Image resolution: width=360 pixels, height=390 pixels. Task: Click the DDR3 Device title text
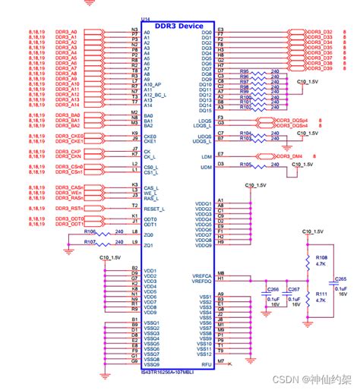[179, 25]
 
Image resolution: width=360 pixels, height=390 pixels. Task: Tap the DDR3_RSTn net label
[67, 206]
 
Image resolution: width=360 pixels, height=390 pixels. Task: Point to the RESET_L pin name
[154, 206]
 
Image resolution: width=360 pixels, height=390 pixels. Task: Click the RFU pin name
[207, 363]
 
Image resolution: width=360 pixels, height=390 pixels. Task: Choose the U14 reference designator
[146, 18]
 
